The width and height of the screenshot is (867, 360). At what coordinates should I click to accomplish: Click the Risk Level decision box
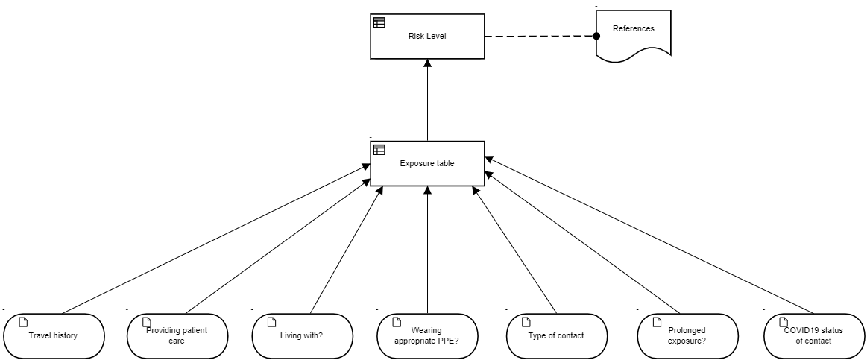[x=427, y=36]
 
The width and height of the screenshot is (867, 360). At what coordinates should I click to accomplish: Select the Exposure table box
[x=427, y=163]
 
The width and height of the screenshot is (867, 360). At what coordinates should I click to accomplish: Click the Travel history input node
[x=54, y=335]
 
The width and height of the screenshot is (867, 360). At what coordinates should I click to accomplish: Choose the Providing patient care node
[x=177, y=335]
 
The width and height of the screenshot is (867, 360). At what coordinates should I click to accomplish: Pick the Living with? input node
[x=303, y=335]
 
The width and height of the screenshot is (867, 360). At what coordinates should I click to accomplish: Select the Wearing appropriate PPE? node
[x=427, y=335]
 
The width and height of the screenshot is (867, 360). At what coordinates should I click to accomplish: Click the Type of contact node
[x=557, y=335]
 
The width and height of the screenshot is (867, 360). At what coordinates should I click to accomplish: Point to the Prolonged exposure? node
[x=687, y=335]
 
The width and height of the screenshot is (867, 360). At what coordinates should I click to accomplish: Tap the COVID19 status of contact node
[x=814, y=335]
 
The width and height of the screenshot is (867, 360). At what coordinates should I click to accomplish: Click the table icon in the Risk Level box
[x=379, y=22]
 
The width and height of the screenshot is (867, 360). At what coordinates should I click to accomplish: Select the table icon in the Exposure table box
[x=379, y=150]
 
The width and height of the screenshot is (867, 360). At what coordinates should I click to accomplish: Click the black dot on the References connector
[x=596, y=36]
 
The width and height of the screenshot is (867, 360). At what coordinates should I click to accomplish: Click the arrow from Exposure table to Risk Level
[x=427, y=100]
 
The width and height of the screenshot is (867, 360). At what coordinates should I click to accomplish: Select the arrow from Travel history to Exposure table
[x=215, y=239]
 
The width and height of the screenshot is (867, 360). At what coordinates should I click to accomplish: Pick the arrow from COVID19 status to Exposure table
[x=649, y=235]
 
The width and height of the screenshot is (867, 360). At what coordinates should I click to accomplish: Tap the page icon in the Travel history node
[x=22, y=322]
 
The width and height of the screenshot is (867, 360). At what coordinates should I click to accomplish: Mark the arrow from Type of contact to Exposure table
[x=515, y=250]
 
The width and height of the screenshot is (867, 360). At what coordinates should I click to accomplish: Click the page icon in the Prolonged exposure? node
[x=656, y=322]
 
